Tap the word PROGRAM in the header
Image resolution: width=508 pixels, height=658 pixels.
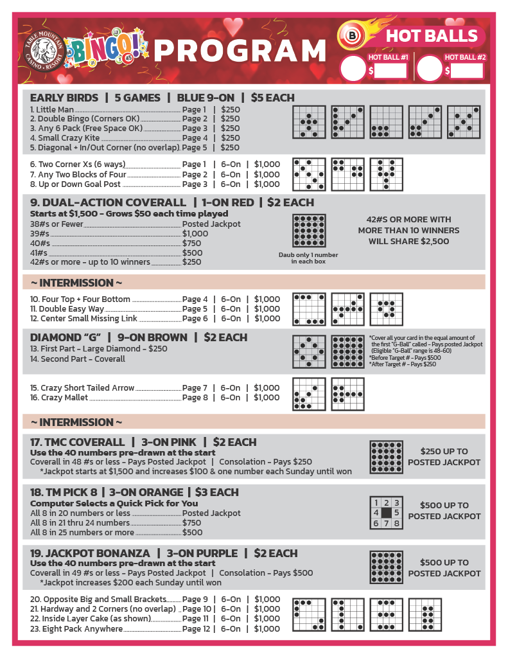click(x=240, y=51)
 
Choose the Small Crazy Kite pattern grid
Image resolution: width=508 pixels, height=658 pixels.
click(x=425, y=122)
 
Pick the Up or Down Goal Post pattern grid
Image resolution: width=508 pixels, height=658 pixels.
click(x=386, y=174)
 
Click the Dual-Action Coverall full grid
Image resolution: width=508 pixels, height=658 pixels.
click(x=309, y=231)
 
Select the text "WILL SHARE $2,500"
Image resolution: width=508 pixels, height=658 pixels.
click(x=408, y=242)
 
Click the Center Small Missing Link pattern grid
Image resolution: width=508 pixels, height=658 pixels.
click(x=386, y=309)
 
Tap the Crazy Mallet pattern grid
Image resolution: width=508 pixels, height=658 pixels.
click(x=347, y=394)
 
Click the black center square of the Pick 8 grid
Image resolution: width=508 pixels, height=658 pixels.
click(x=387, y=513)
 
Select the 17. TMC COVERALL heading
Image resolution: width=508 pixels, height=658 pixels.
click(x=78, y=442)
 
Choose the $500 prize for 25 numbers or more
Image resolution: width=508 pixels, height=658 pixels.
click(x=193, y=532)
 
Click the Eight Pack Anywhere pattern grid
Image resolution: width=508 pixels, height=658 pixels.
click(x=425, y=614)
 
